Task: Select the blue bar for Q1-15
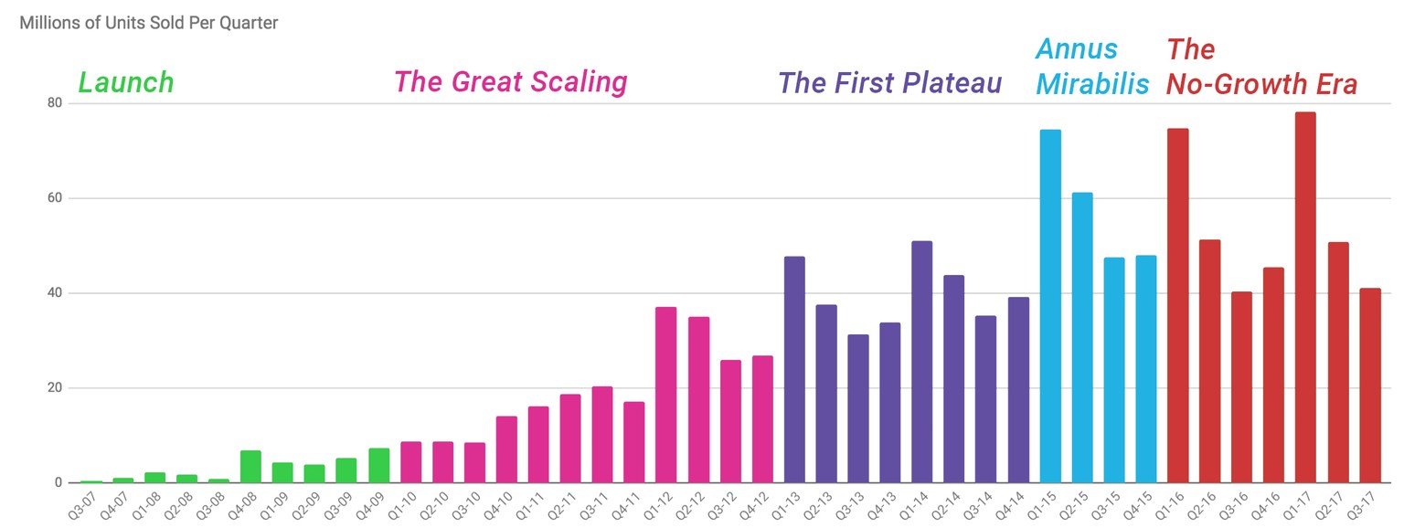pos(1050,306)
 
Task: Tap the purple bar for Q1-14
pos(922,362)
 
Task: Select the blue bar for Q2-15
pos(1082,337)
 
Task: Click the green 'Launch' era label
pos(126,83)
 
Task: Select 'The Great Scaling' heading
pos(510,83)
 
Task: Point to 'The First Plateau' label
pos(889,83)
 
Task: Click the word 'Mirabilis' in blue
pos(1091,85)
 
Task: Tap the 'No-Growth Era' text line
pos(1261,85)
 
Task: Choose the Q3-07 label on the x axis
pos(90,503)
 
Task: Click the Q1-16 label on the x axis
pos(1176,503)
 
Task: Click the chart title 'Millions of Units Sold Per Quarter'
pos(149,23)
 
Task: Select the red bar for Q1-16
pos(1177,306)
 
